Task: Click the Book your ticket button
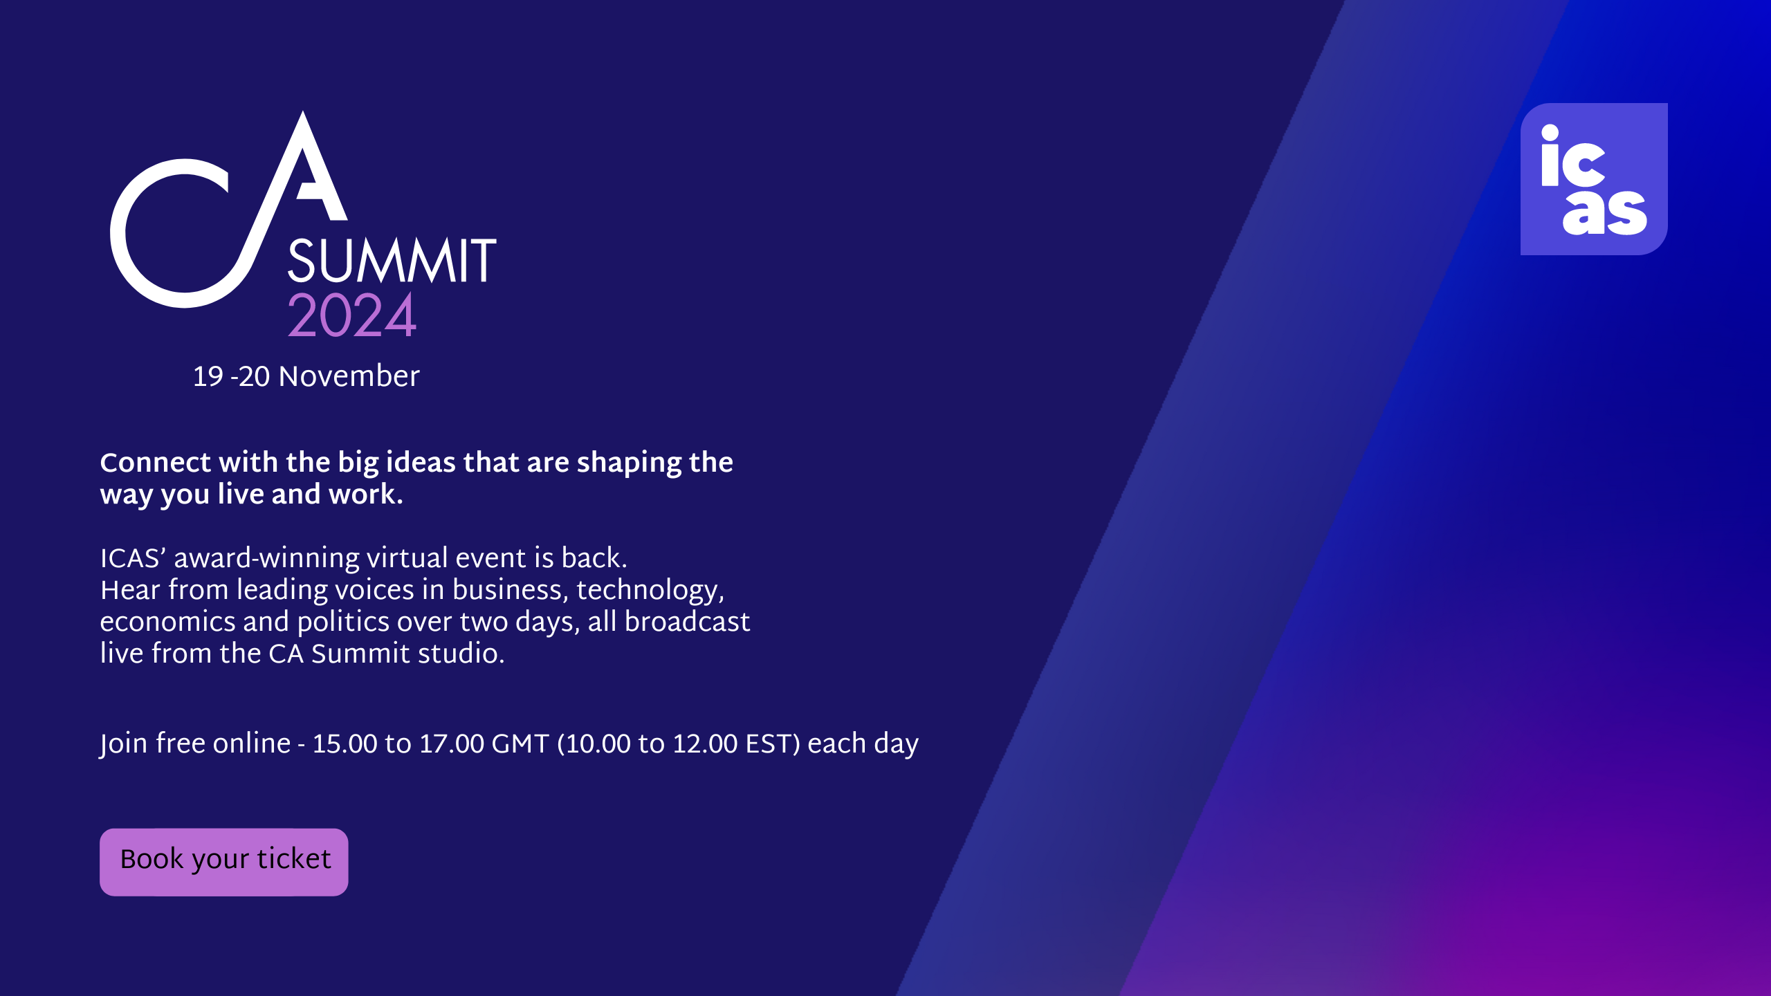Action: click(x=223, y=862)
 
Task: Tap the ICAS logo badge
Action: click(x=1594, y=179)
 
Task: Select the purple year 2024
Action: click(x=351, y=315)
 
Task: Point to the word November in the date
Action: click(x=349, y=376)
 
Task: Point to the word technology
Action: click(x=650, y=591)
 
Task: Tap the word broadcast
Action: click(x=687, y=621)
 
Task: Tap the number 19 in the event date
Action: click(x=208, y=377)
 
